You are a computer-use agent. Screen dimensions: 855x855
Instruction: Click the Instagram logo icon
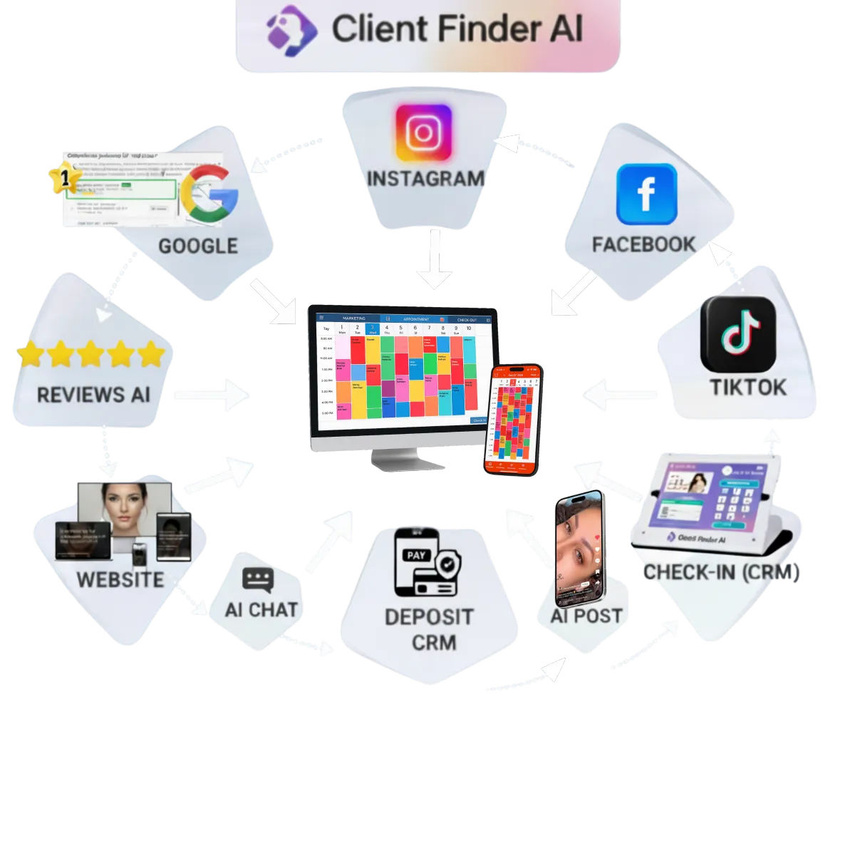423,133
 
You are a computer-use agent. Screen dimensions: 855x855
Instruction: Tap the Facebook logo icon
646,194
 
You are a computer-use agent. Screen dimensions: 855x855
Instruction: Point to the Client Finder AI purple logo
291,26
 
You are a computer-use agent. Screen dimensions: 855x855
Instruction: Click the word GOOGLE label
197,247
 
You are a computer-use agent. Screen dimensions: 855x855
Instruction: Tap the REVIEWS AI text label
93,395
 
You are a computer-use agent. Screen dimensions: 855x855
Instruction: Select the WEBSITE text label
120,579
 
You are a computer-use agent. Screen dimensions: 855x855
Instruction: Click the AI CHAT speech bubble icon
257,580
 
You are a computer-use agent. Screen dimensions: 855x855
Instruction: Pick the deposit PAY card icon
425,562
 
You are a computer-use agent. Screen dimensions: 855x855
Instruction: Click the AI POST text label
586,616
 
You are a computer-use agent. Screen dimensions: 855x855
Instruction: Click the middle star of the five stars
91,354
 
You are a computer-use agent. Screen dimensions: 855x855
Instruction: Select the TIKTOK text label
747,388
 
